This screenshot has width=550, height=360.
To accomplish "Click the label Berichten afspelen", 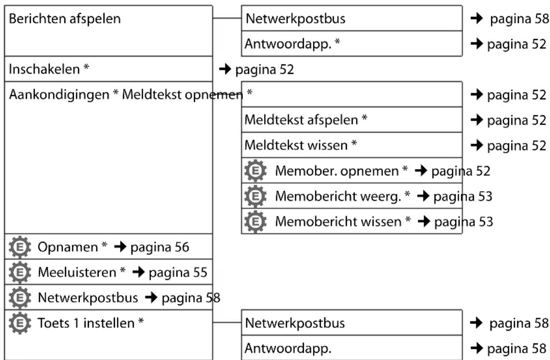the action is coord(64,19).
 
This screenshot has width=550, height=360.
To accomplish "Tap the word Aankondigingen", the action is coord(59,95).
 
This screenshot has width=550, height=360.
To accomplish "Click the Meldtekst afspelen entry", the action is coord(306,120).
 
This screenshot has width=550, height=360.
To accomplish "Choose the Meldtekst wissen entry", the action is coord(300,145).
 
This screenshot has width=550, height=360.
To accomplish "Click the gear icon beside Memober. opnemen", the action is coord(255,170).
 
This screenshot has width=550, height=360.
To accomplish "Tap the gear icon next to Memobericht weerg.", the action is coord(255,196).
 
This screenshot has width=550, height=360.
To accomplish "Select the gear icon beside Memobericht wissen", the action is coord(255,221).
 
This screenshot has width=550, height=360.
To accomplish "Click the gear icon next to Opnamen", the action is coord(20,247).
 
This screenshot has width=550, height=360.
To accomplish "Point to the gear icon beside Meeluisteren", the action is coord(20,272).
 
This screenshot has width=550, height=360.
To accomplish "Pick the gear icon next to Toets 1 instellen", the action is coord(20,323).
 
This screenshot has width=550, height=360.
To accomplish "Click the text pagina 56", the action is coord(160,247).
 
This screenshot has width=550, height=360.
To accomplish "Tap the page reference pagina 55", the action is coord(178,273).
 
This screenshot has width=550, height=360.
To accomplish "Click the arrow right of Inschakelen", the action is coord(225,69).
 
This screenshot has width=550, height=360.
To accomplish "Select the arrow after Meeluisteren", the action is coord(139,272).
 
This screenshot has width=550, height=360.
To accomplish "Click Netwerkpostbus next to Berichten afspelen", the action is coord(296,19).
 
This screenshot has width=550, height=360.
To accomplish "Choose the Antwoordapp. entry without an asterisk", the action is coord(288,348).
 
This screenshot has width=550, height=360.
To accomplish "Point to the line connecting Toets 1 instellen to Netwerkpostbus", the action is coord(227,322).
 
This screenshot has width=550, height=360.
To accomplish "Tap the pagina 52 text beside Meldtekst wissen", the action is coord(517,145).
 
